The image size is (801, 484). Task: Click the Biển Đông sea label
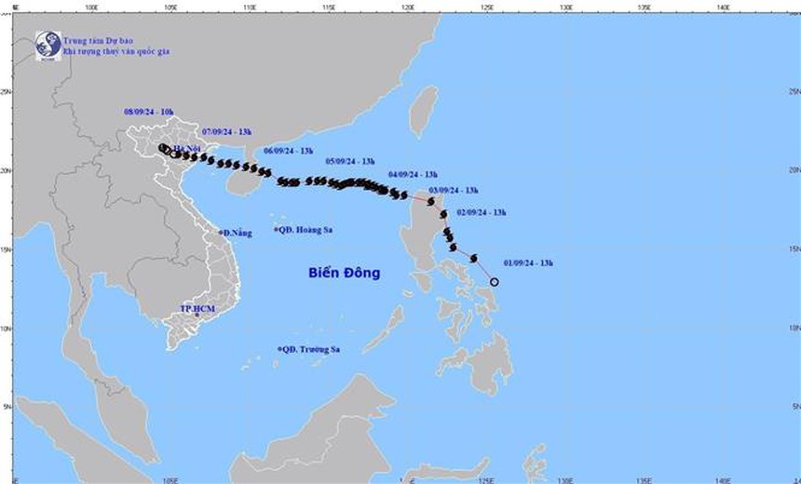point(345,273)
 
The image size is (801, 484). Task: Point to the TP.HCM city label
point(197,308)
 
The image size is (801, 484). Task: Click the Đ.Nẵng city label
point(238,233)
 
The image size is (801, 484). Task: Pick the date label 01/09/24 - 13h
point(528,263)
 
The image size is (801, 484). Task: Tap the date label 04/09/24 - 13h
point(413,174)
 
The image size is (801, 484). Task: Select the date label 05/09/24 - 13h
point(350,162)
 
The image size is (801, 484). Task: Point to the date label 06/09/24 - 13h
point(289,150)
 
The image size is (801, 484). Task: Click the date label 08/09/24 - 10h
point(149,112)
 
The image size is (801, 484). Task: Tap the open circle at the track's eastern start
point(495,282)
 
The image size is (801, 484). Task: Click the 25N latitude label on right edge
point(793,92)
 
